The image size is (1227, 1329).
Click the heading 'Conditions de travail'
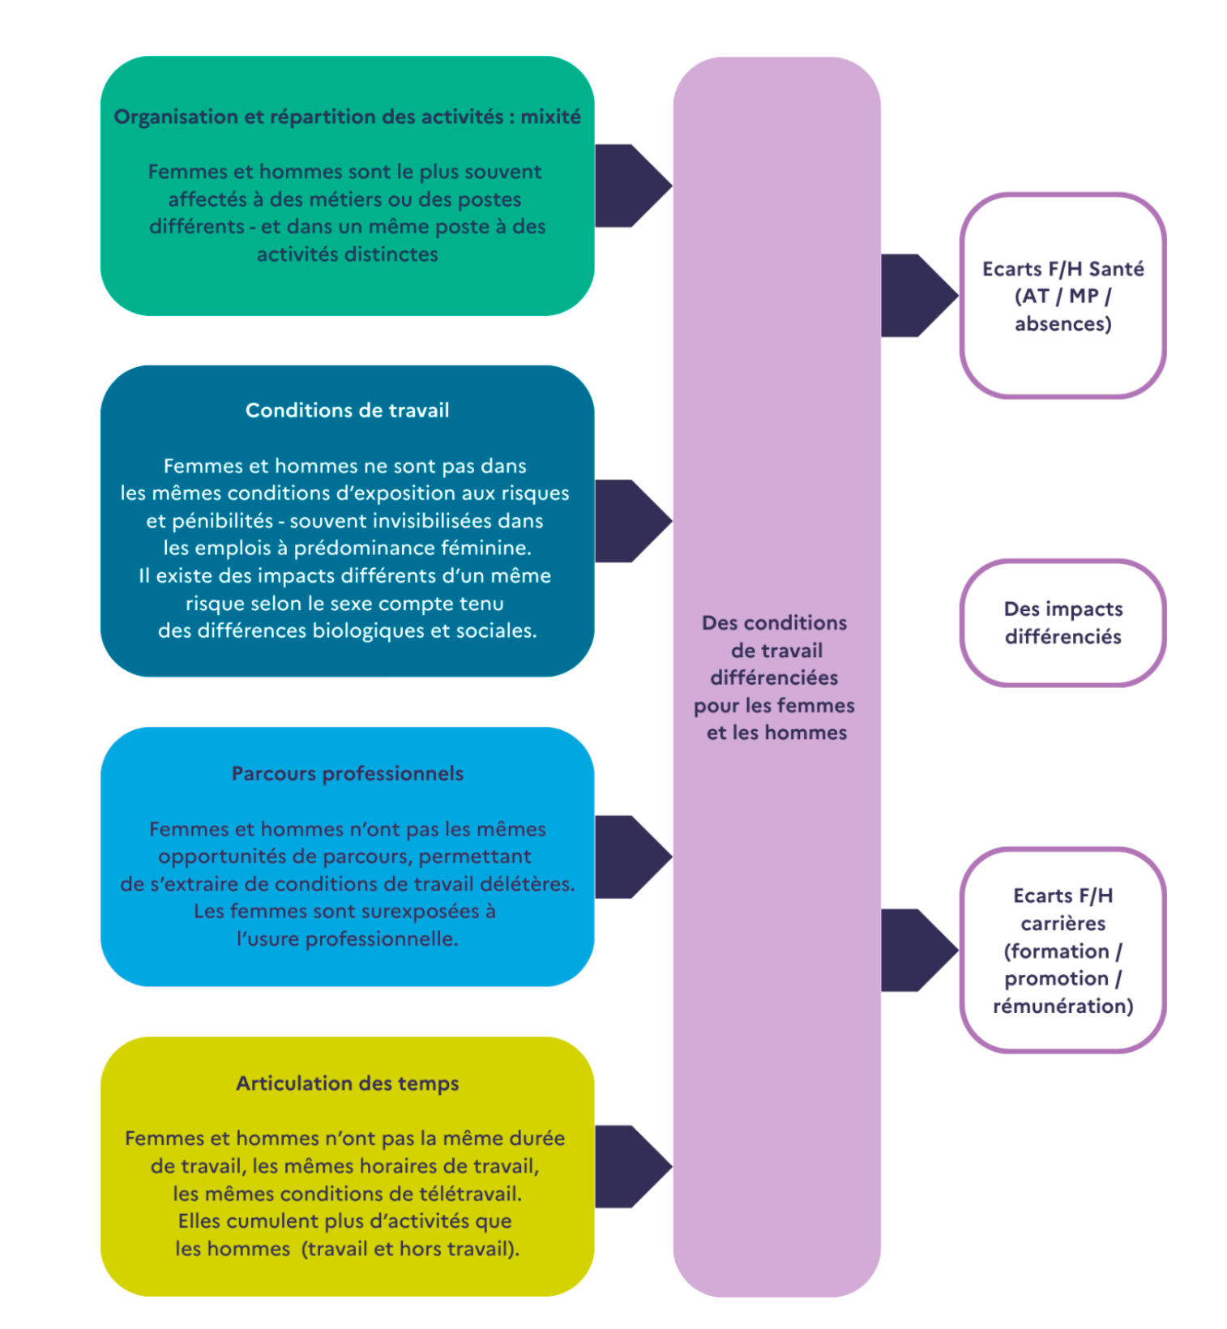click(347, 410)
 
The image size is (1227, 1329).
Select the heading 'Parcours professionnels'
click(348, 774)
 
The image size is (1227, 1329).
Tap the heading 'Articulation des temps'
click(348, 1083)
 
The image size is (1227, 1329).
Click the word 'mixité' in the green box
click(550, 117)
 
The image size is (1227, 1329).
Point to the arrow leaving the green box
click(633, 186)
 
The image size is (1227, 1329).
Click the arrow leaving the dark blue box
click(633, 521)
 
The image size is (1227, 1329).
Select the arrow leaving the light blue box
click(633, 857)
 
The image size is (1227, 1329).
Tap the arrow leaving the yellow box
click(633, 1167)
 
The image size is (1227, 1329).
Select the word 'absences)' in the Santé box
click(1063, 324)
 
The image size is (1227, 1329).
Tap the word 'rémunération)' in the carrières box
click(1063, 1006)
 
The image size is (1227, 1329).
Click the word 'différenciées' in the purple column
click(775, 677)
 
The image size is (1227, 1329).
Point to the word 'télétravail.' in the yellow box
click(470, 1194)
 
